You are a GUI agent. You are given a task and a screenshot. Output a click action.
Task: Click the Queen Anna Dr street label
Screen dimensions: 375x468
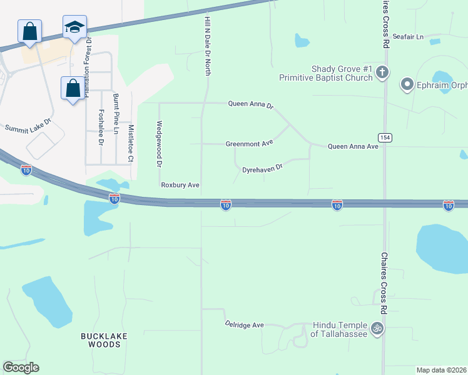tap(250, 105)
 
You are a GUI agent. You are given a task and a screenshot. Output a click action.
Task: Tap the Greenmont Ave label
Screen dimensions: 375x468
tap(250, 144)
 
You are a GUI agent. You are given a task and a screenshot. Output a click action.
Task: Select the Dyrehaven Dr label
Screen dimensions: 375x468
tap(263, 168)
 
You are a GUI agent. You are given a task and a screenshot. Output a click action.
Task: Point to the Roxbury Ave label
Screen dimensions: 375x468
tap(180, 185)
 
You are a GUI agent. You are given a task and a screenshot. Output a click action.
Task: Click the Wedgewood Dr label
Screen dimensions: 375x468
tap(160, 143)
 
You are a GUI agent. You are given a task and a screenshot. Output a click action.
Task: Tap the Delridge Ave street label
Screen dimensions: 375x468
tap(245, 325)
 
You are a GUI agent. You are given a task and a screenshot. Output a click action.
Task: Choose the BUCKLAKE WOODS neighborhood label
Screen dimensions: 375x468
tap(99, 340)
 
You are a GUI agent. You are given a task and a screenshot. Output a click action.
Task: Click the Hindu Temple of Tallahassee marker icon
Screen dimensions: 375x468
tap(377, 327)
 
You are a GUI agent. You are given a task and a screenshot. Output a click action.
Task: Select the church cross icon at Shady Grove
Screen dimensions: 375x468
tap(383, 72)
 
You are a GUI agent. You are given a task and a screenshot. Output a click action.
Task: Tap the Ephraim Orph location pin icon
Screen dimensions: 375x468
tap(407, 83)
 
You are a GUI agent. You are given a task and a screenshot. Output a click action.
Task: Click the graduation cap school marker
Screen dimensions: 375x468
tap(74, 27)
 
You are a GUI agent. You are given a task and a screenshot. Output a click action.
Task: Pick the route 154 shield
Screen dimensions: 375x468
tap(384, 137)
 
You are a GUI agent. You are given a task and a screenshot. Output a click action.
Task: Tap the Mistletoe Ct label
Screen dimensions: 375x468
tap(131, 143)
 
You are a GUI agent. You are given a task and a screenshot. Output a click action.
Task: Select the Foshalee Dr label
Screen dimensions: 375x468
tap(101, 127)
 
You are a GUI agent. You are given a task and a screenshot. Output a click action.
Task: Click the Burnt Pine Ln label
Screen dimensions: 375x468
tap(116, 113)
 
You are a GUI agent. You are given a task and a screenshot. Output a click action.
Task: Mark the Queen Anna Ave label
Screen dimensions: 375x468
tap(354, 146)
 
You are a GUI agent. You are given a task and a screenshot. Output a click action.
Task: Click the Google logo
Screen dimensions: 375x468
tap(21, 367)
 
